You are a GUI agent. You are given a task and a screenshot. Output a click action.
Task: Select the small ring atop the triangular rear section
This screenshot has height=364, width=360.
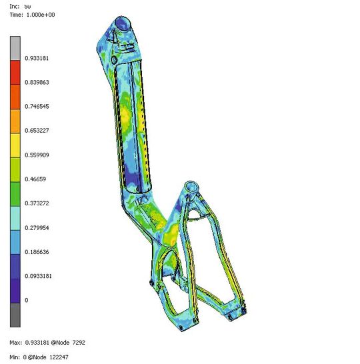[191, 185]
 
